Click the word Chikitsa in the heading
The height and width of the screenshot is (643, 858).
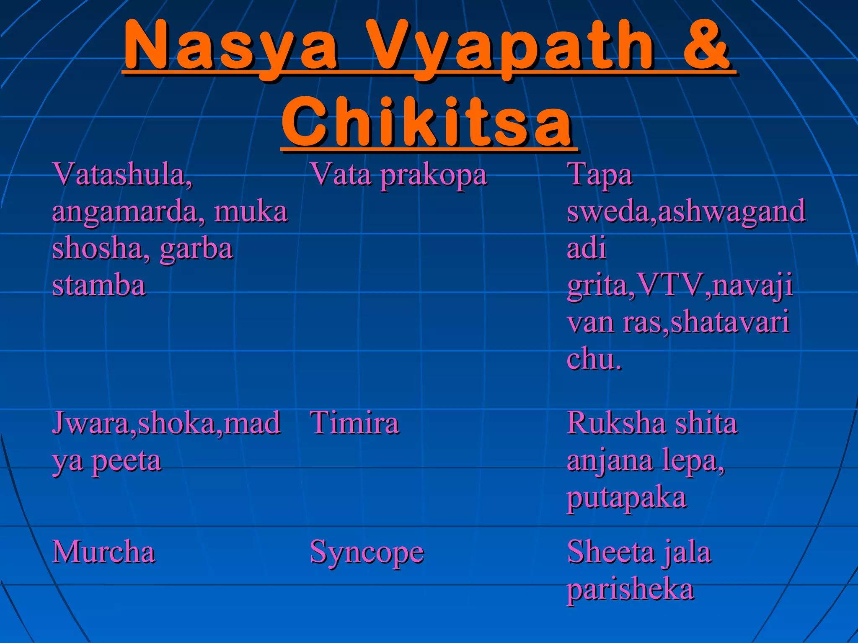(x=427, y=121)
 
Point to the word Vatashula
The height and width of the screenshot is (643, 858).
(x=122, y=174)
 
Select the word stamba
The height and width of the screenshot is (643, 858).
(x=99, y=285)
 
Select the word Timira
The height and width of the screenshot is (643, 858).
(x=354, y=423)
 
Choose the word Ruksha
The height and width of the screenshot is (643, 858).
(x=615, y=423)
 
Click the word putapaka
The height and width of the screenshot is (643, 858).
(x=626, y=498)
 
